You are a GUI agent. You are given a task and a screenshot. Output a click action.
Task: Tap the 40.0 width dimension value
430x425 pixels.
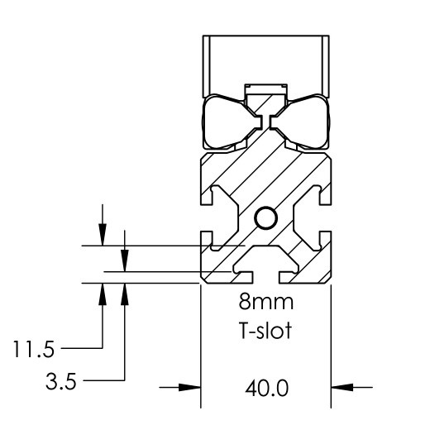coord(267,387)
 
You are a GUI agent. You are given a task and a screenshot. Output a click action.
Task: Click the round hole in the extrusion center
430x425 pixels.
coord(266,218)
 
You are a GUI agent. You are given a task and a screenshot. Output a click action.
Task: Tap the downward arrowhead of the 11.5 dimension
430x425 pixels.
coord(103,238)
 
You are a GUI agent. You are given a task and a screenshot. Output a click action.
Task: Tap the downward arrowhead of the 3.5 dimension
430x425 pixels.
coord(124,263)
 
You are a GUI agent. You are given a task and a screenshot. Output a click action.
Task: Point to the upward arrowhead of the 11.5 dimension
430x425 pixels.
coord(103,290)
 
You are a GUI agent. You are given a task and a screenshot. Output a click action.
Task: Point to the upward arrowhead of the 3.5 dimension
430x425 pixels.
coord(124,290)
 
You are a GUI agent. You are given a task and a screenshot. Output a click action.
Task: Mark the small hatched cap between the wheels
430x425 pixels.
coord(266,98)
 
